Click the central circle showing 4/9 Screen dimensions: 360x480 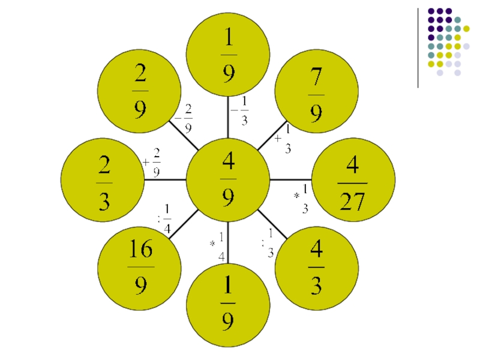coord(228,179)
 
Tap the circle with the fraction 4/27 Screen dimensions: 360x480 coord(353,181)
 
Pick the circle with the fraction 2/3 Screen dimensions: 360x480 coord(103,181)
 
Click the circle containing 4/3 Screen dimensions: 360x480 coord(316,268)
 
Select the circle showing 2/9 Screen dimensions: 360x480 coord(139,91)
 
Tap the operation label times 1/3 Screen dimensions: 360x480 coord(302,199)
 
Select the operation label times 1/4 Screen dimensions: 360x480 coord(218,246)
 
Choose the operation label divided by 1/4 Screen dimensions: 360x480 coord(164,218)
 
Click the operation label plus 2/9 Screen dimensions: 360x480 coord(152,163)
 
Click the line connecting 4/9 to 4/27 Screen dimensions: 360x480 coord(290,179)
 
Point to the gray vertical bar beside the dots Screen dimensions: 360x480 coord(418,48)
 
